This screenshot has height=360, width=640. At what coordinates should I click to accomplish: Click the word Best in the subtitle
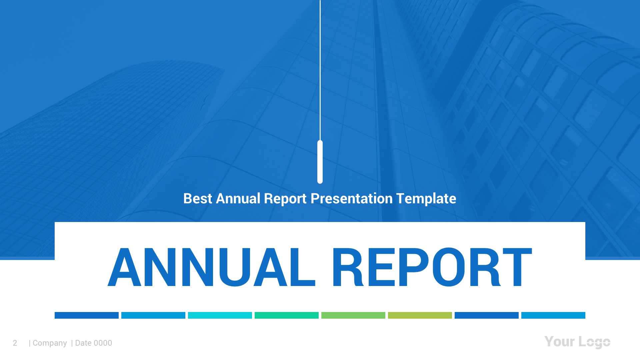(x=198, y=199)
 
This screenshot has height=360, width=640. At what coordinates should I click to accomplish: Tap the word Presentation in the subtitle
(x=352, y=199)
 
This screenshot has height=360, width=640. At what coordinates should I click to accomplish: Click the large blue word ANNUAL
(x=211, y=267)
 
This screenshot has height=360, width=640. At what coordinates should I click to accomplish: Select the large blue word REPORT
(x=432, y=267)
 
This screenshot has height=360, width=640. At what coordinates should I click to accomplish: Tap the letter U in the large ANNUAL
(x=235, y=267)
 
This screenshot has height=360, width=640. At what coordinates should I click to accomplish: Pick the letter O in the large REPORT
(x=449, y=267)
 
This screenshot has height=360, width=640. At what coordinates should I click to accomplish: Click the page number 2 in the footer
(x=15, y=343)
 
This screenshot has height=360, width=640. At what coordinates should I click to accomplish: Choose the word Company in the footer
(x=50, y=343)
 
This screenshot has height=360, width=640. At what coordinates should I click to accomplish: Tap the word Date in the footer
(x=83, y=343)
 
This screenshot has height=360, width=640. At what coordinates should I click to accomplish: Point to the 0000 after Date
(x=103, y=343)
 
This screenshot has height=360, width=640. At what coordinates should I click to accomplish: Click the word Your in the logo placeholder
(x=560, y=342)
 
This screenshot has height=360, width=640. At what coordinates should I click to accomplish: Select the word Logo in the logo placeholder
(x=594, y=342)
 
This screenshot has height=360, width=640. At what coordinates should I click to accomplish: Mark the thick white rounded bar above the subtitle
(x=320, y=162)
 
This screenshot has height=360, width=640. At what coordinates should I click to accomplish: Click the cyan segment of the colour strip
(x=220, y=315)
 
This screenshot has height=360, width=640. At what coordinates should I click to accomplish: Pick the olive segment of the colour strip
(x=420, y=315)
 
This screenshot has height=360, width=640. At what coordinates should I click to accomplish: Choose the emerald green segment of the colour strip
(x=287, y=315)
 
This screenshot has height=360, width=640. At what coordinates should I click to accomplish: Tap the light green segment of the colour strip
(x=353, y=315)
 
